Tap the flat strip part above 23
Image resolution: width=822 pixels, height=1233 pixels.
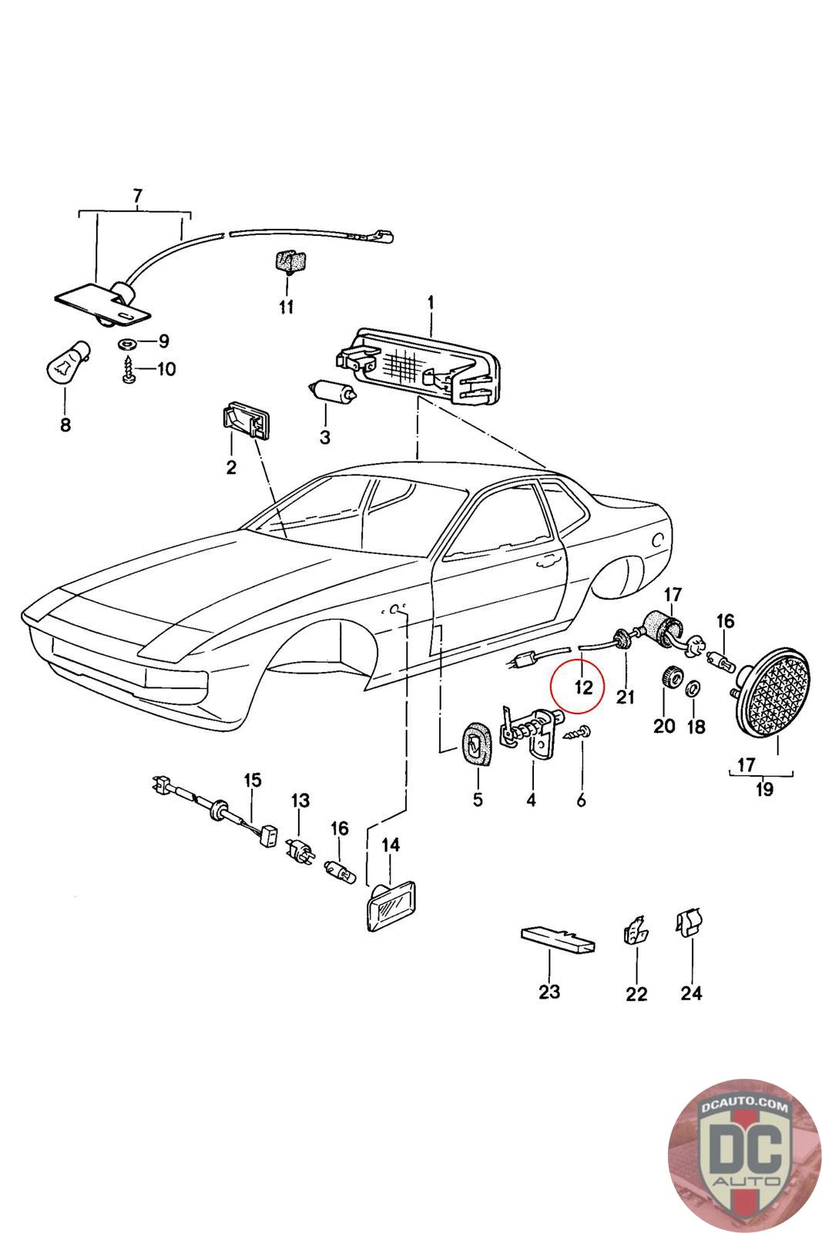pos(557,940)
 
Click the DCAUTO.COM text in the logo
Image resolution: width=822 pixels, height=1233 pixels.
pos(744,1107)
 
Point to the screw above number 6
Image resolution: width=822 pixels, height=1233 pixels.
pos(576,733)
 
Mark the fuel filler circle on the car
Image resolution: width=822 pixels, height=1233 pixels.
pos(657,540)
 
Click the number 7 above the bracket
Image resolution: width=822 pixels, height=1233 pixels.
pos(138,196)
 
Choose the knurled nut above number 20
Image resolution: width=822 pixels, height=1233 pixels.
pos(670,675)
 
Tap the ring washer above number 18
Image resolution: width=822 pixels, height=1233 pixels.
pos(693,687)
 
